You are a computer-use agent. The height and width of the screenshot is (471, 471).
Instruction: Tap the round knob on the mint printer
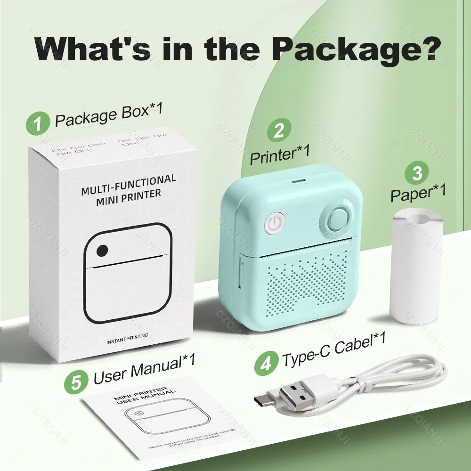point(336,218)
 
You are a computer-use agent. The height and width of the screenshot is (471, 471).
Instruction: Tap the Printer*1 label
point(280,155)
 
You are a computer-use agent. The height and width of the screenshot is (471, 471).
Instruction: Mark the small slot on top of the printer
point(296,180)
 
